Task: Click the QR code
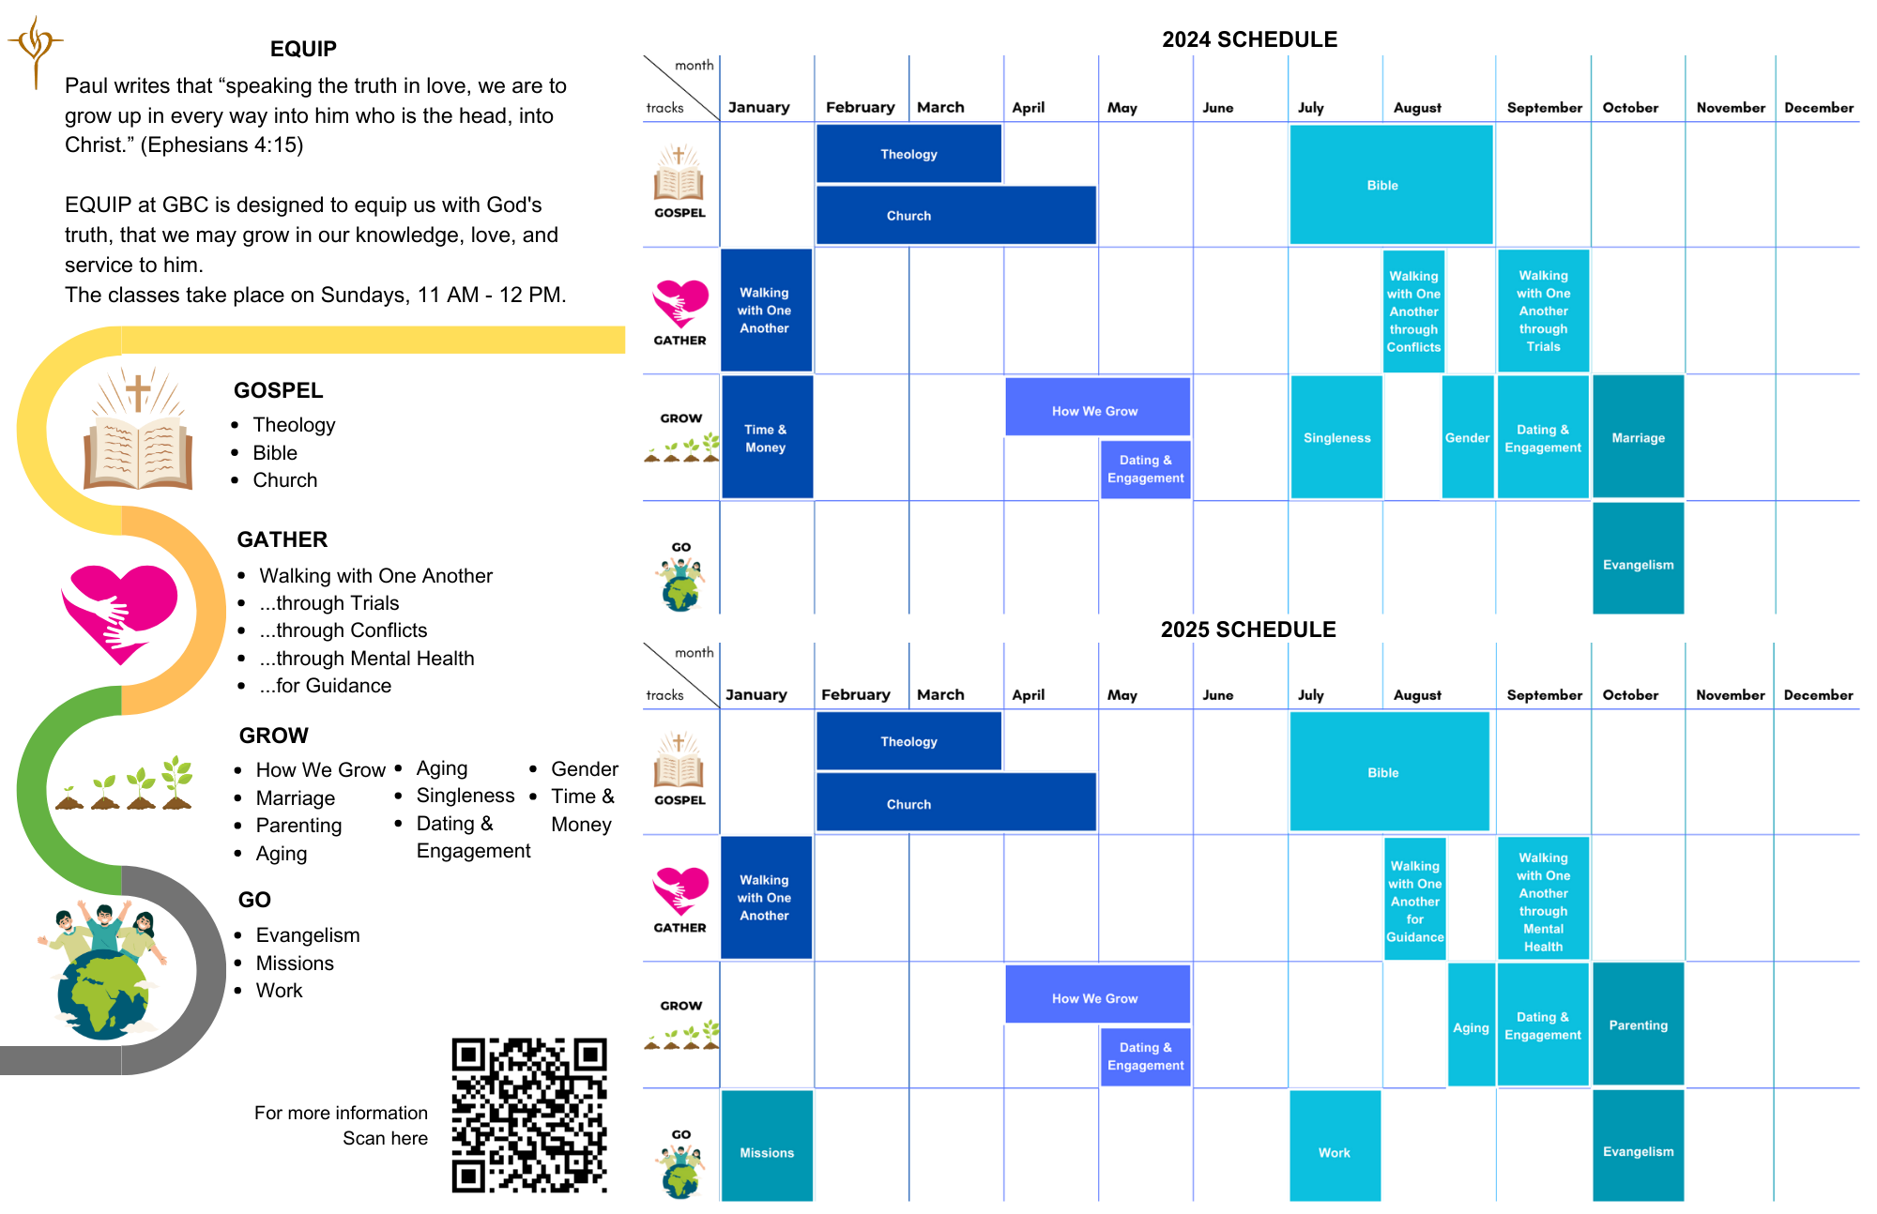pos(529,1115)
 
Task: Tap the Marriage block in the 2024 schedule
pos(1638,437)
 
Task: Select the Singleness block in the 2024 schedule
pos(1336,437)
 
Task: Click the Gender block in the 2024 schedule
pos(1467,437)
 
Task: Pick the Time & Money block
pos(766,437)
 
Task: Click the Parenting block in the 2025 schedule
pos(1638,1024)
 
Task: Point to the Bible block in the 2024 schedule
pos(1391,185)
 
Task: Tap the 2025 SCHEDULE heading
pos(1248,630)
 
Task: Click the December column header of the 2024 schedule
pos(1819,108)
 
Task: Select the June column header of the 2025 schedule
pos(1218,695)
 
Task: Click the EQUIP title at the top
pos(303,49)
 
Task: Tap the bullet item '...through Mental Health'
pos(367,659)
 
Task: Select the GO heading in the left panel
pos(254,900)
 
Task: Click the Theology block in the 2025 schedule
pos(908,741)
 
